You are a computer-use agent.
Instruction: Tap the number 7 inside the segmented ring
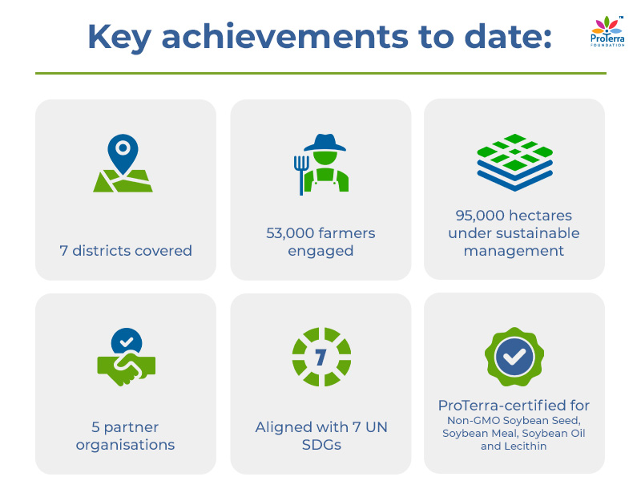pyautogui.click(x=320, y=357)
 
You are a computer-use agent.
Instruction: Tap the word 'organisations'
pyautogui.click(x=126, y=445)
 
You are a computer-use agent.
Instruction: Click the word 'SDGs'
pyautogui.click(x=320, y=445)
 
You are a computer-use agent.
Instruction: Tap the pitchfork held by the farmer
pyautogui.click(x=301, y=173)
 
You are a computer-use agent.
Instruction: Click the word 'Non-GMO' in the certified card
pyautogui.click(x=472, y=421)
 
